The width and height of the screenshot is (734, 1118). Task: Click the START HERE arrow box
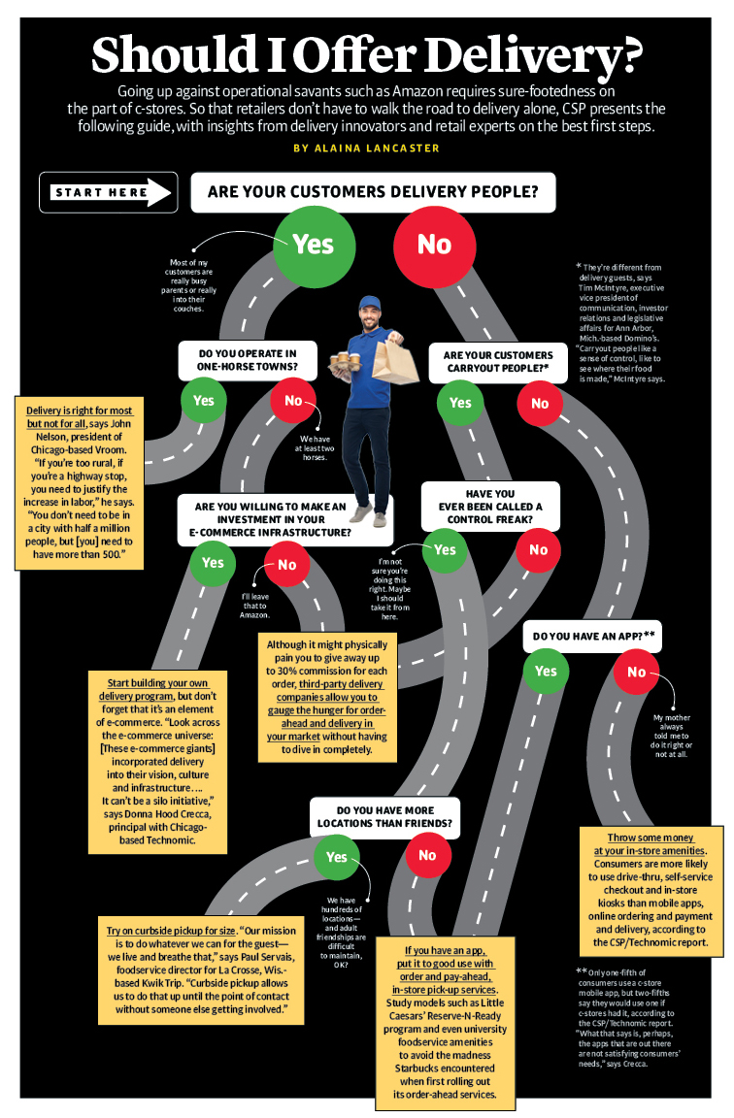[x=108, y=192]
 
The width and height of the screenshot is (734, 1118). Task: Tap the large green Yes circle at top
[x=313, y=245]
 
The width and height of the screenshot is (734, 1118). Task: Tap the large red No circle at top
[x=434, y=246]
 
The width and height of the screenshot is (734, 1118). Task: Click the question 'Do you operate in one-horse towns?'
[x=248, y=360]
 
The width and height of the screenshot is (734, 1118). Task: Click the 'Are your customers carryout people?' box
[x=497, y=362]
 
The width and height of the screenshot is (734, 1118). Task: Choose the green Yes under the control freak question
[x=444, y=550]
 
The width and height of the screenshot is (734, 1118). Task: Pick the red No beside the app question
[x=637, y=673]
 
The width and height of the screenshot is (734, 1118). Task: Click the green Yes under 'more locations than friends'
[x=336, y=857]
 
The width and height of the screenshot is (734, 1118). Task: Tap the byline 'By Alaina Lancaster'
[x=366, y=148]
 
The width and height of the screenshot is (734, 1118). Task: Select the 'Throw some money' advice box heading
[x=651, y=843]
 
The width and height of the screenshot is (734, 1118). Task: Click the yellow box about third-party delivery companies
[x=327, y=698]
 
